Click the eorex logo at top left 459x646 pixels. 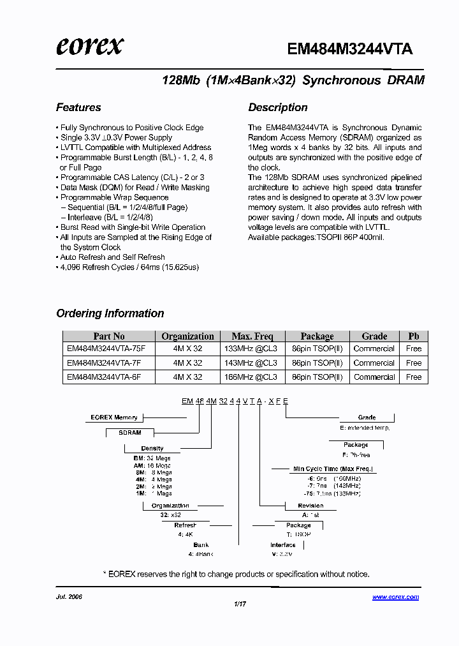[x=89, y=45]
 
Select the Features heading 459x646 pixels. [x=78, y=107]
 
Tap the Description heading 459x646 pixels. [x=277, y=107]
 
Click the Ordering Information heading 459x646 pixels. [x=110, y=313]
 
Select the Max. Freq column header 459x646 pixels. [x=252, y=336]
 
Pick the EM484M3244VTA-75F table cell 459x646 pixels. [x=106, y=349]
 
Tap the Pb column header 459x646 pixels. [x=414, y=336]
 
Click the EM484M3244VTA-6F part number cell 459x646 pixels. [x=104, y=377]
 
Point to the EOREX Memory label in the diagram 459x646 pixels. [x=114, y=417]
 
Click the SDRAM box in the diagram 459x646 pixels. [x=130, y=433]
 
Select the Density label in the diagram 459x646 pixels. [x=152, y=448]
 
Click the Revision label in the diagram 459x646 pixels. [x=311, y=506]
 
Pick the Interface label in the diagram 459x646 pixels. [x=283, y=545]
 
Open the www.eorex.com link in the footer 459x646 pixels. [x=395, y=597]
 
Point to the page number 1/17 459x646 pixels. [x=240, y=603]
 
